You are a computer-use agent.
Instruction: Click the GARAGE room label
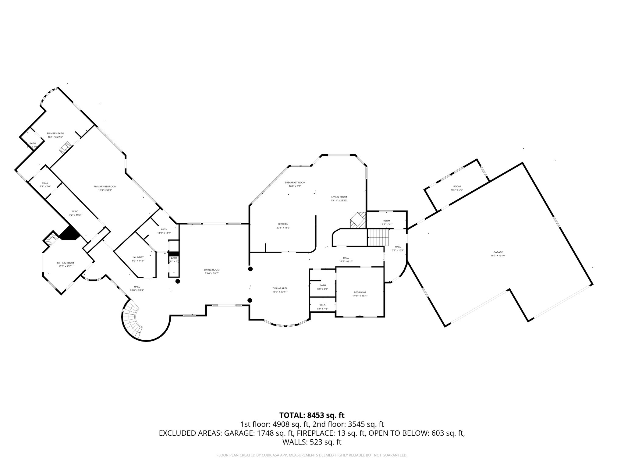coord(498,252)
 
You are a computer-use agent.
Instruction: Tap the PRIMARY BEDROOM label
coord(105,186)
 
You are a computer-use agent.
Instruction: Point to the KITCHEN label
coord(283,224)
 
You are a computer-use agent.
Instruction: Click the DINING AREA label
coord(280,288)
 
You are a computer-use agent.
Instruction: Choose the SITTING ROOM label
coord(66,263)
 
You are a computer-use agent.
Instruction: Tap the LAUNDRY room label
coord(138,257)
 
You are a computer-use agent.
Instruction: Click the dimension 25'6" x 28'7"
coord(212,273)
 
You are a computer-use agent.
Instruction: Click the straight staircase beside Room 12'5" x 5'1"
coord(378,237)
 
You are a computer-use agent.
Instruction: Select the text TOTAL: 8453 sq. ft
coord(312,415)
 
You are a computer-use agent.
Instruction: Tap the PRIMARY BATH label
coord(55,133)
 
